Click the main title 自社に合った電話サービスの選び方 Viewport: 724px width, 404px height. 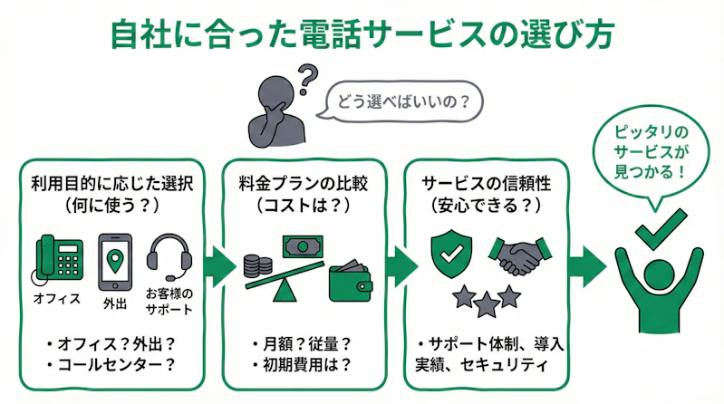point(362,34)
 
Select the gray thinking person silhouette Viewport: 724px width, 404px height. point(275,112)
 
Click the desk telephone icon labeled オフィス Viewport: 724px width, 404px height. point(58,259)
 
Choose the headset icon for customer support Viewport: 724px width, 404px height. point(169,259)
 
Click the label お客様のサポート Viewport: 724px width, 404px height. point(169,301)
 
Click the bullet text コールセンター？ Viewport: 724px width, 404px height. point(112,367)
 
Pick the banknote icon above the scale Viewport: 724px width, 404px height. point(303,245)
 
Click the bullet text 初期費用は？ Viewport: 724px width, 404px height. point(305,367)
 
